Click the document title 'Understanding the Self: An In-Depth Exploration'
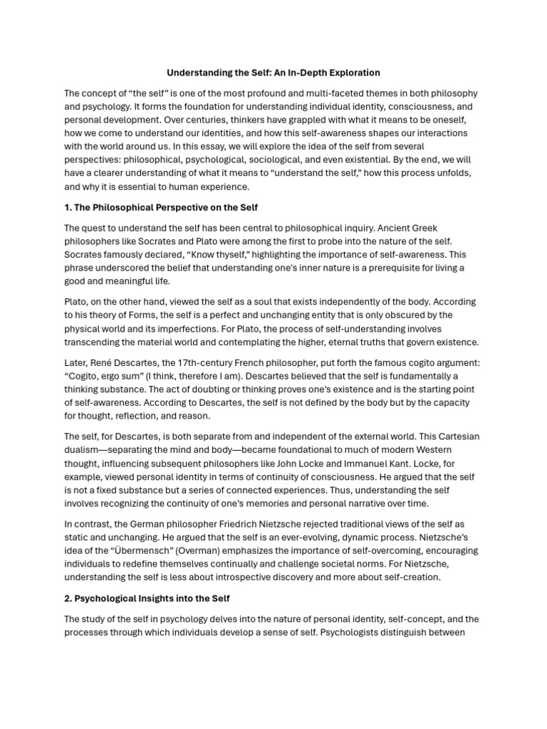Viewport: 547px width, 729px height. coord(273,73)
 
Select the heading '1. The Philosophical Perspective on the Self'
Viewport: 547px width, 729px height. coord(161,207)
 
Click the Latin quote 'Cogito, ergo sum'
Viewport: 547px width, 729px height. coord(100,376)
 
